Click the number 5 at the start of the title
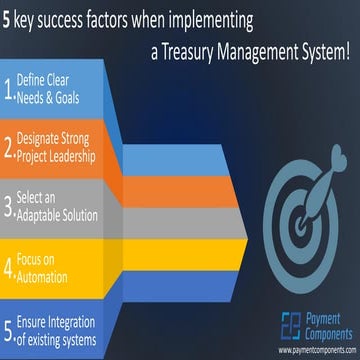coord(8,18)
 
